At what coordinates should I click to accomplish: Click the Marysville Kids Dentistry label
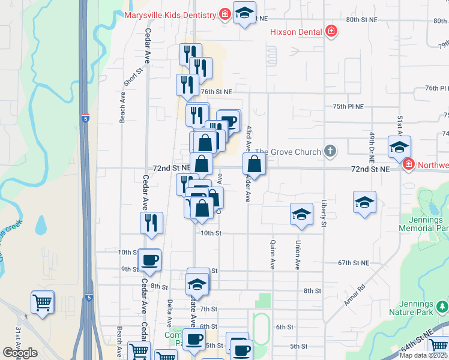click(x=170, y=14)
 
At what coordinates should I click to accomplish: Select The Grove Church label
click(x=288, y=152)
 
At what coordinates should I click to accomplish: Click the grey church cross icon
click(x=330, y=151)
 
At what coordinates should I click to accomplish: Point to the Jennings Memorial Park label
click(x=424, y=224)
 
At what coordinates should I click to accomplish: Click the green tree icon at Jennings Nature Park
click(x=442, y=308)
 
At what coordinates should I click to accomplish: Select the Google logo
click(x=20, y=353)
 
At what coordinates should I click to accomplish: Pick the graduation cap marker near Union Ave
click(x=301, y=214)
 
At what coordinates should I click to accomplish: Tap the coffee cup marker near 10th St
click(x=149, y=260)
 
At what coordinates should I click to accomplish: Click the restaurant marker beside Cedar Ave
click(x=152, y=223)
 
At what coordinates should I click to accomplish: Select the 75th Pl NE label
click(x=348, y=106)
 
